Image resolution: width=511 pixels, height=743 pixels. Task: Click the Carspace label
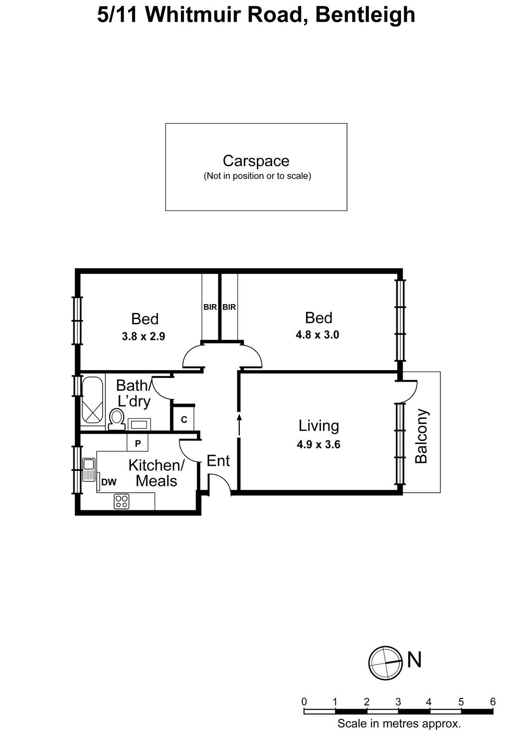point(256,161)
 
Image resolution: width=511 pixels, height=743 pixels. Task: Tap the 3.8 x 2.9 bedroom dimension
point(143,336)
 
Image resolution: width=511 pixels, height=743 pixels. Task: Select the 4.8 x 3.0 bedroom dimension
point(317,335)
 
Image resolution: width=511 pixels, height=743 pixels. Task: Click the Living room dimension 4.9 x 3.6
point(318,444)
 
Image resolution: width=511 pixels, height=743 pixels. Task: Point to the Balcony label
point(421,436)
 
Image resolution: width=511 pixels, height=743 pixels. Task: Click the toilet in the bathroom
point(117,418)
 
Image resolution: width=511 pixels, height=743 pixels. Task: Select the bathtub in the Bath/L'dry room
point(92,401)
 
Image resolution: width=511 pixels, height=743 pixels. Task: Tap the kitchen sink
point(88,469)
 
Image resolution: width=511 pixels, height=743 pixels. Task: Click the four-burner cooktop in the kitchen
point(122,501)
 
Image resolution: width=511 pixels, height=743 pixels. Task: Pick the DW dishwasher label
point(109,482)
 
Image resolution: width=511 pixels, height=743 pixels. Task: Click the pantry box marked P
point(138,443)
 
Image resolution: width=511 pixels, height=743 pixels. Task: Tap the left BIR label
point(210,307)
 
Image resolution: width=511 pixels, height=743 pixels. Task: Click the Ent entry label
point(218,461)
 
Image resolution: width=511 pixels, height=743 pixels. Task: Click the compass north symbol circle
point(385,663)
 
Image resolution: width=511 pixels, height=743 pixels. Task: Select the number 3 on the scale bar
point(398,702)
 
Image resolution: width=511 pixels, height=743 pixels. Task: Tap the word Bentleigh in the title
point(365,15)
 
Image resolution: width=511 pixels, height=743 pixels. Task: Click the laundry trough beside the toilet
point(139,424)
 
